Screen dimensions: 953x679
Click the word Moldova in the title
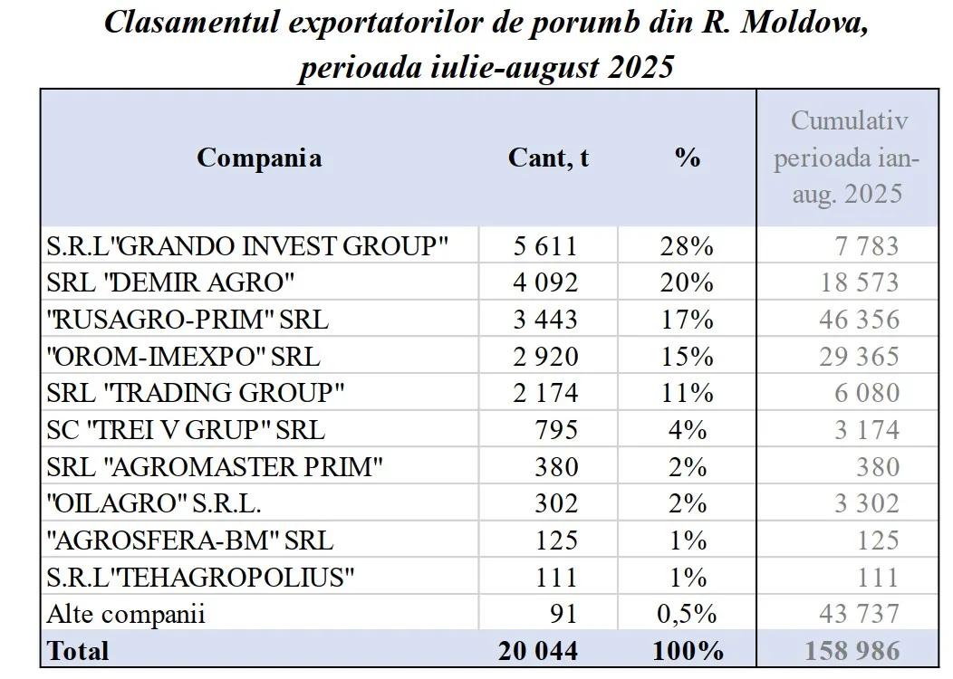pos(804,23)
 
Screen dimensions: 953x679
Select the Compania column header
pos(259,158)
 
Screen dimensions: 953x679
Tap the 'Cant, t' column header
pos(548,158)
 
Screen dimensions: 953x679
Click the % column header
pos(688,158)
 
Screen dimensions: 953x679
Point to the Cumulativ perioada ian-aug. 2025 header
pos(847,158)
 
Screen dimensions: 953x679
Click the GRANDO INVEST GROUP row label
pos(247,246)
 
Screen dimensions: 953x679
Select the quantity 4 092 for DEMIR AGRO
pos(545,282)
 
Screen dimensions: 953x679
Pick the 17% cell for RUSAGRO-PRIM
pos(688,320)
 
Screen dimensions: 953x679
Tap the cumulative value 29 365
pos(859,357)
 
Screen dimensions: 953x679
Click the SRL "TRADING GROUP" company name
pos(195,393)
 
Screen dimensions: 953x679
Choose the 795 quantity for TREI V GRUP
pos(556,430)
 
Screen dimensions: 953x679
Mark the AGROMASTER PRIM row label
pos(215,467)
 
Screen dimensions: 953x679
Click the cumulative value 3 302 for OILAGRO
pos(867,503)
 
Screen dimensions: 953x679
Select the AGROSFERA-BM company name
pos(189,540)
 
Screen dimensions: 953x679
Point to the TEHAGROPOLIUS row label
pos(200,578)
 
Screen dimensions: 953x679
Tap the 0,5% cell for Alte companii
pos(688,614)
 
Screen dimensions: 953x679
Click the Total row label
pos(78,651)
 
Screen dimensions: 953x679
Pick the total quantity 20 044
pos(538,651)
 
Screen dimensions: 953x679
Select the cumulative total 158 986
pos(852,651)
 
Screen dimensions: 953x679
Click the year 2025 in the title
pos(641,67)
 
